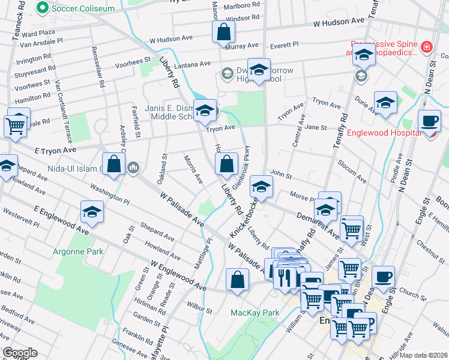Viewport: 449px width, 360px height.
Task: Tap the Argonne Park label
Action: (78, 252)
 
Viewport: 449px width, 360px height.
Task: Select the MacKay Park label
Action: (256, 313)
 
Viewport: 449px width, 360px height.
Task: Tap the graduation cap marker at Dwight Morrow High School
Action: (259, 70)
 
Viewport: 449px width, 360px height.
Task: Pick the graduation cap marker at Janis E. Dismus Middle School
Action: (205, 110)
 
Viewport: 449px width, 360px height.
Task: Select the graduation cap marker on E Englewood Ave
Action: (92, 211)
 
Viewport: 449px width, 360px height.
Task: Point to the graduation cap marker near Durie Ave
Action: (385, 102)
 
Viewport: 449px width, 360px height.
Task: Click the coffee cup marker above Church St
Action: (383, 277)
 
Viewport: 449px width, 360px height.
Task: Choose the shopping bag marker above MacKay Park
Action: (238, 280)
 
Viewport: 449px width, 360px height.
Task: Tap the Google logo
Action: (19, 353)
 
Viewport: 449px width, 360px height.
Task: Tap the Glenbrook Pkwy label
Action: (241, 169)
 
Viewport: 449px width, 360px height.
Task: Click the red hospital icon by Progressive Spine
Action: (426, 46)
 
